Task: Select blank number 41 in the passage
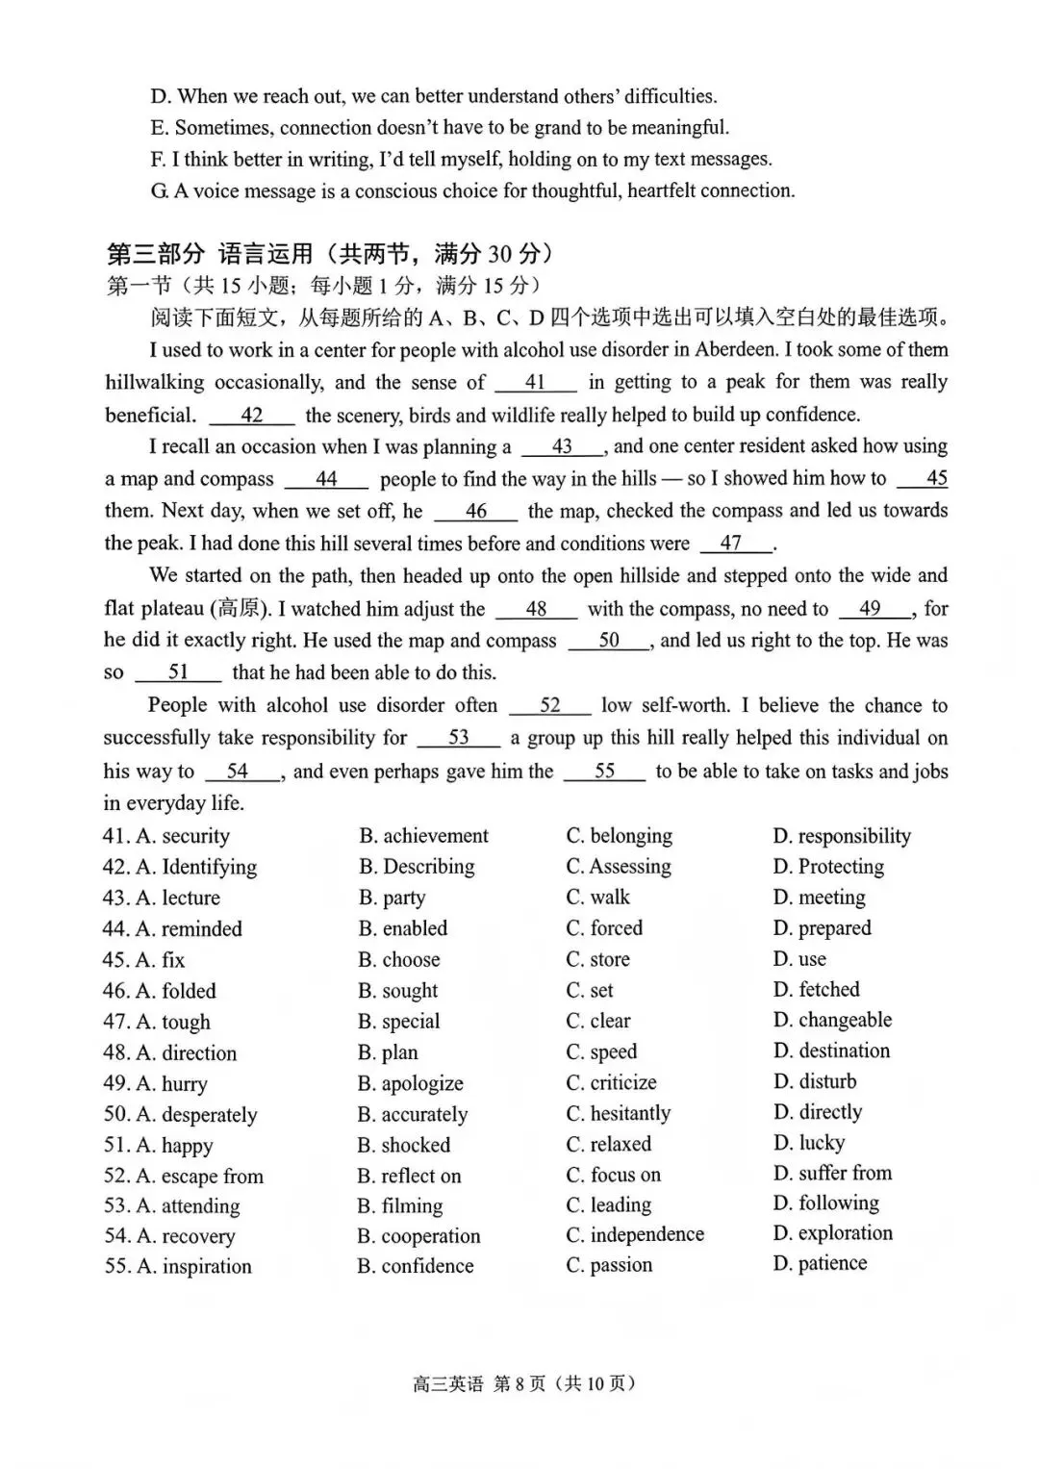coord(536,383)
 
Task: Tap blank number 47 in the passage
coord(733,544)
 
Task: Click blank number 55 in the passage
coord(604,772)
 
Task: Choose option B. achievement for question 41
coord(423,836)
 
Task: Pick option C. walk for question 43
coord(597,898)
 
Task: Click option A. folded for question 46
coord(176,991)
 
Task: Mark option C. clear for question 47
coord(598,1021)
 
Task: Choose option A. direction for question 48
coord(186,1053)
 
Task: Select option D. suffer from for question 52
coord(832,1174)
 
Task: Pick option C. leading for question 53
coord(608,1205)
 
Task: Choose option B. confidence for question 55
coord(415,1267)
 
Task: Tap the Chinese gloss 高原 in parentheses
coord(239,609)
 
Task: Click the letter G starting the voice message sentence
coord(159,191)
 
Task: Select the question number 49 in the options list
coord(115,1084)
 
